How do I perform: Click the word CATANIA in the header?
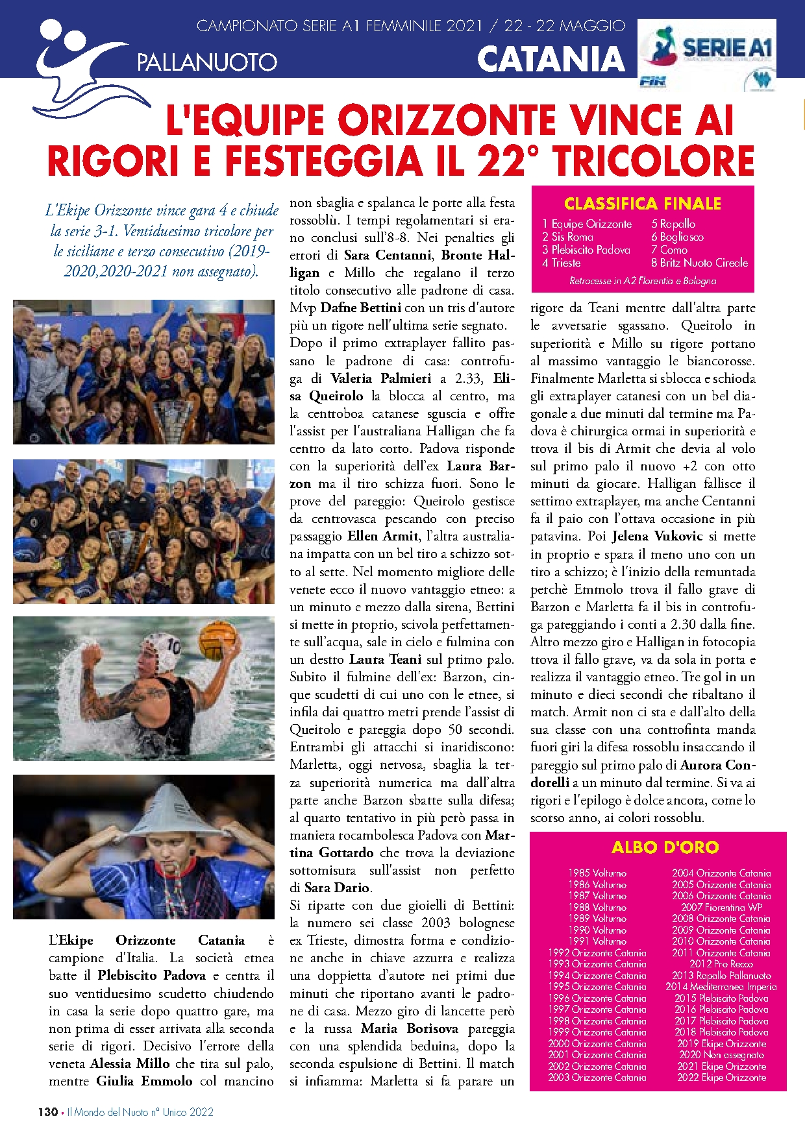[551, 60]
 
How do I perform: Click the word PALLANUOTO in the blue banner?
[207, 63]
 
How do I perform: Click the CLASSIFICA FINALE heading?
[642, 204]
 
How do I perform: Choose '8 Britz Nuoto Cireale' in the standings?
[699, 263]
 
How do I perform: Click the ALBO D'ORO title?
[665, 847]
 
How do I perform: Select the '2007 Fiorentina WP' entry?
[721, 907]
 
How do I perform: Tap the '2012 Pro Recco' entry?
[721, 964]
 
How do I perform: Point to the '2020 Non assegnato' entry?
[721, 1055]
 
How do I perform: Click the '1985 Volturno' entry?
[597, 873]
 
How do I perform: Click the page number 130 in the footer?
[47, 1112]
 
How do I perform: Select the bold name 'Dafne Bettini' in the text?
[361, 308]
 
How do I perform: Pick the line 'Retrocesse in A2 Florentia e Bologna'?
[643, 281]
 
